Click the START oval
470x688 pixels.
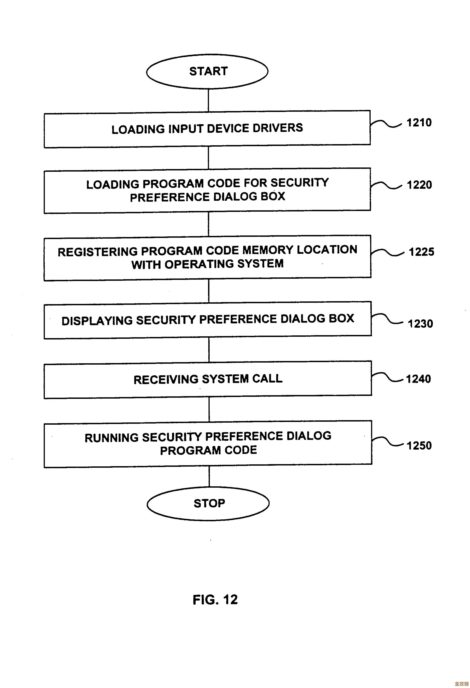coord(207,71)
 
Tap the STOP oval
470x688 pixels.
coord(208,503)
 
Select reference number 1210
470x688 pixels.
coord(419,123)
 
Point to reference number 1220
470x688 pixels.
coord(419,185)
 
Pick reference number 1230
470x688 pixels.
coord(420,324)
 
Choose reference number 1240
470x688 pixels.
coord(418,379)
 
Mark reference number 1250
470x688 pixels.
coord(419,446)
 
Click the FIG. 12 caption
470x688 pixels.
coord(215,600)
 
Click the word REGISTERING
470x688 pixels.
coord(97,252)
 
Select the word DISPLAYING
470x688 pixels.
coord(97,321)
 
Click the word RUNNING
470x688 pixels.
coord(111,438)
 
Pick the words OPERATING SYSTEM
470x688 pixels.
coord(224,264)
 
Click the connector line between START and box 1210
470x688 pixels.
coord(208,100)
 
